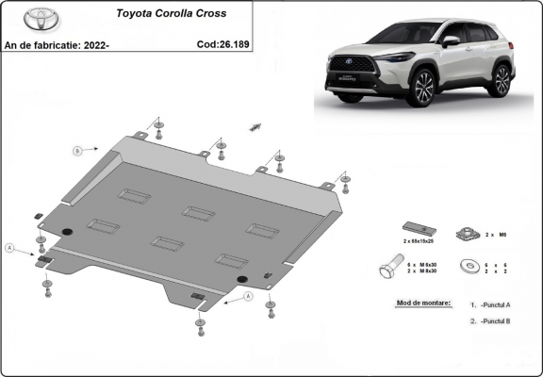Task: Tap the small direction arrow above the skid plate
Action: click(x=255, y=125)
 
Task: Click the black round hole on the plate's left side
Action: click(x=67, y=233)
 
